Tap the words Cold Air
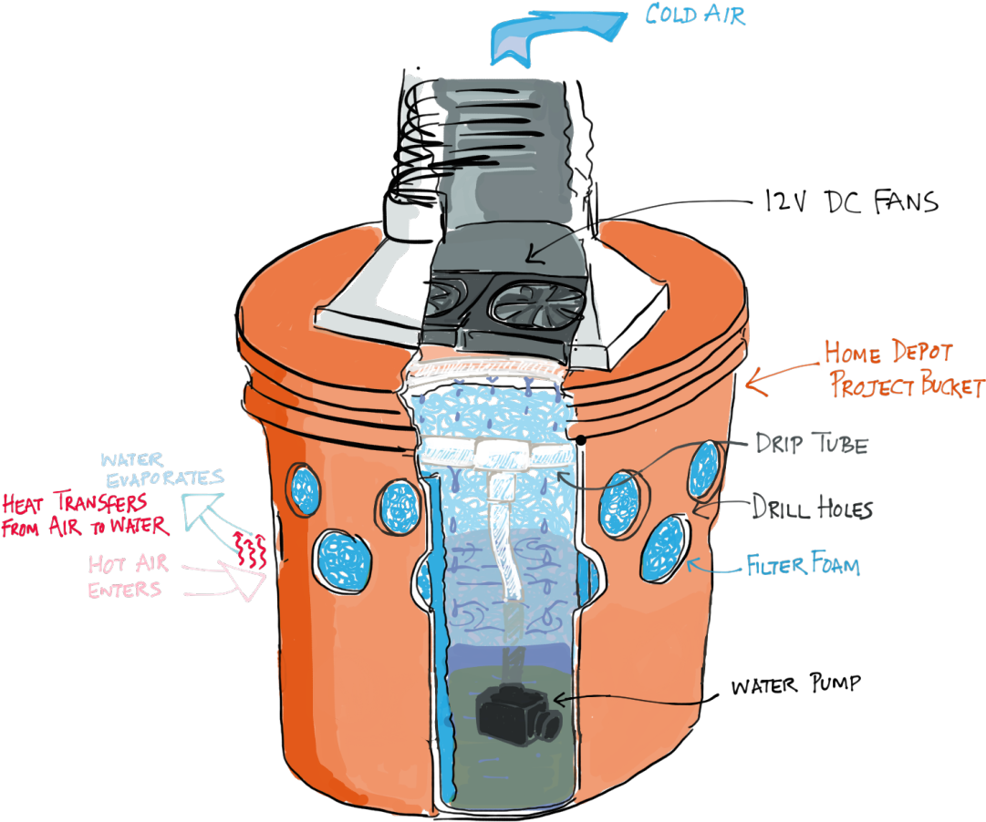[x=694, y=15]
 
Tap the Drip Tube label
[x=811, y=444]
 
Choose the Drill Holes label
[x=811, y=507]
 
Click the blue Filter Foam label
[x=803, y=565]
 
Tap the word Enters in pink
[x=124, y=590]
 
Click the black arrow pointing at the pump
[x=629, y=698]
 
